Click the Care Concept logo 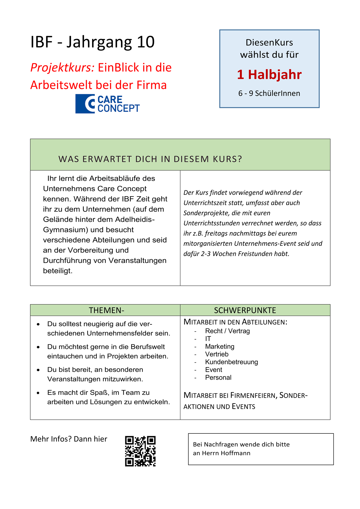[107, 104]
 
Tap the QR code [140, 451]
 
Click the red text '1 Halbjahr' [269, 74]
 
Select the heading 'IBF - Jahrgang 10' [92, 42]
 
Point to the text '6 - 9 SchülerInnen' [269, 93]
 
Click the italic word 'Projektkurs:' [62, 68]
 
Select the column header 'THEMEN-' [106, 310]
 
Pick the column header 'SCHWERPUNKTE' [245, 310]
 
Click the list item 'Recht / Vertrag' [227, 331]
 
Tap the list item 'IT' [208, 339]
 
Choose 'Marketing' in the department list [220, 346]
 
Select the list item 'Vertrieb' [216, 354]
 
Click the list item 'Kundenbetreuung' [231, 362]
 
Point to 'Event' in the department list [214, 370]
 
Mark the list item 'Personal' [218, 378]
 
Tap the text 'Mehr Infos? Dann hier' [69, 439]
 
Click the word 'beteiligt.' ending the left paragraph [58, 271]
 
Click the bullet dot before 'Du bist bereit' [38, 370]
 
